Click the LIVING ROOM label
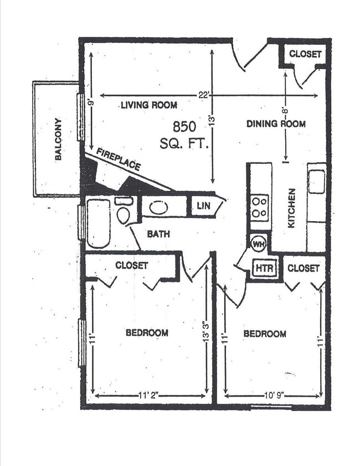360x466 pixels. (x=149, y=105)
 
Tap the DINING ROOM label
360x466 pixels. (x=276, y=124)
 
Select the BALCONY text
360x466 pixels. (x=58, y=139)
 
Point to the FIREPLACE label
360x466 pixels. (x=118, y=158)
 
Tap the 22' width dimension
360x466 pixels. (x=204, y=95)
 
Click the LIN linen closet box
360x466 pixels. (x=202, y=207)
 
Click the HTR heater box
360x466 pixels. (x=261, y=269)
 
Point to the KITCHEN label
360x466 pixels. (x=292, y=208)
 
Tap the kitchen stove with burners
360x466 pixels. (x=260, y=206)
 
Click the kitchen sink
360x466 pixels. (x=317, y=182)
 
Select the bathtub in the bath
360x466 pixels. (x=99, y=223)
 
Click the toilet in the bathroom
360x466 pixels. (x=124, y=212)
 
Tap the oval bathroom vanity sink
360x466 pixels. (x=160, y=207)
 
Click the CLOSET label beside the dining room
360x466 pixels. (x=305, y=54)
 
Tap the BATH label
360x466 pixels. (x=158, y=234)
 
